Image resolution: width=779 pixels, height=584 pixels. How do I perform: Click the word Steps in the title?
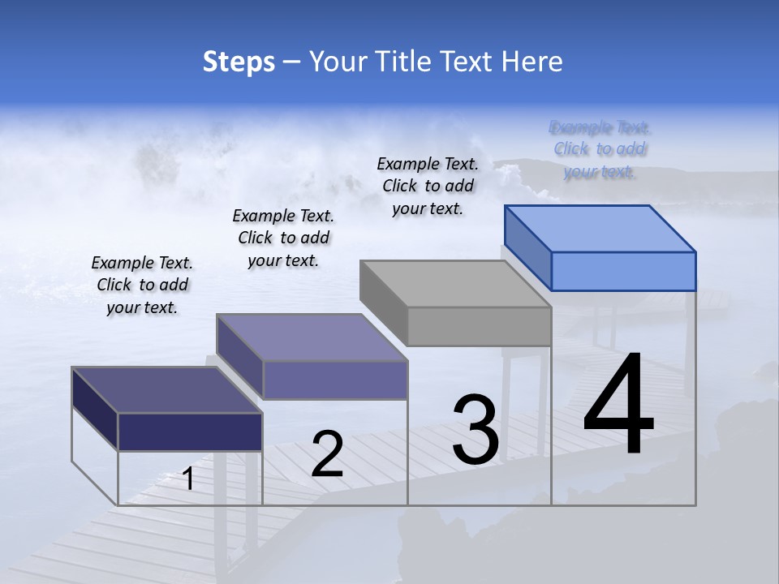[239, 62]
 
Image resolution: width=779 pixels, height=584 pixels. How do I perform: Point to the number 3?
[476, 430]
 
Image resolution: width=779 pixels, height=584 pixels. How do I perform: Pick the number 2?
[327, 454]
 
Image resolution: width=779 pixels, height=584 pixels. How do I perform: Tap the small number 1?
[188, 479]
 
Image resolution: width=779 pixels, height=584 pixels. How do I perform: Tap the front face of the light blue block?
[623, 271]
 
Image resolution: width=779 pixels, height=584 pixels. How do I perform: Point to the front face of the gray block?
[479, 326]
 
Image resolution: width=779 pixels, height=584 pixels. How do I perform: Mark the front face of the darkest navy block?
[190, 432]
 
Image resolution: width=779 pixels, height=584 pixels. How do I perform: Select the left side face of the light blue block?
[528, 247]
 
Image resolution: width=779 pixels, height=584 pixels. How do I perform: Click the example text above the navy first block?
[142, 286]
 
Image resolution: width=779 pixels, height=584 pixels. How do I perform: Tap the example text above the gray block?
[428, 186]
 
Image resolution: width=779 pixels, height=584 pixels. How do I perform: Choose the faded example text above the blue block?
[600, 149]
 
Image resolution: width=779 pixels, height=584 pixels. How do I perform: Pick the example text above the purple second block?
[283, 238]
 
